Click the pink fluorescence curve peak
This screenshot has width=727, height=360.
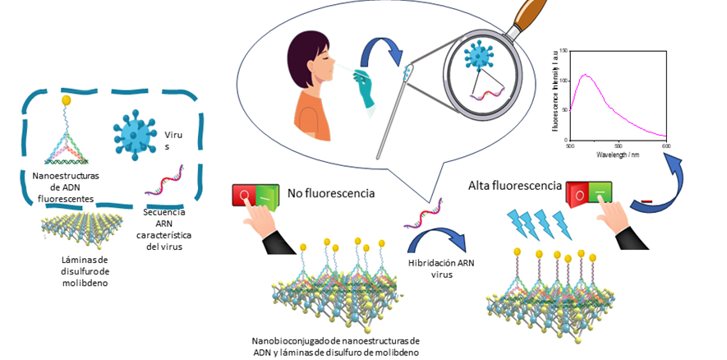[x=586, y=76]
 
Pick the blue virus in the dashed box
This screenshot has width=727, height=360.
[x=133, y=129]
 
